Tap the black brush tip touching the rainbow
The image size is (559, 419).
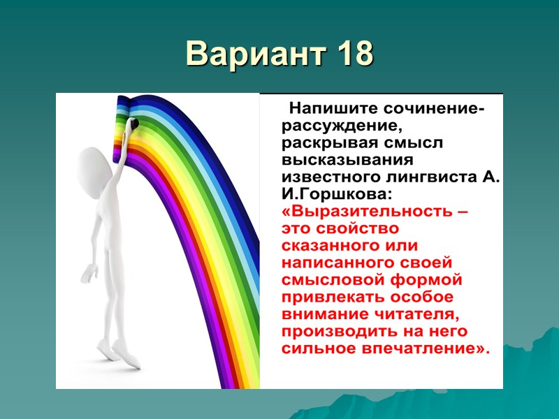[x=134, y=124]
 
